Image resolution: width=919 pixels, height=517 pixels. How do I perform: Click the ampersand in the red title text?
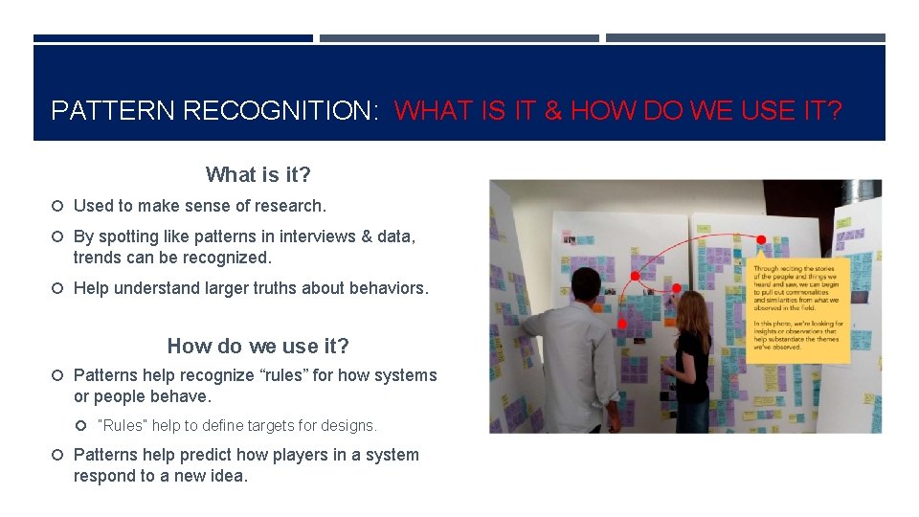[552, 111]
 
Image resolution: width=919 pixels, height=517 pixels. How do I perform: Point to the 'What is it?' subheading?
[258, 174]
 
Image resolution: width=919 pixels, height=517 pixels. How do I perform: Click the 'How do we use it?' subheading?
[258, 346]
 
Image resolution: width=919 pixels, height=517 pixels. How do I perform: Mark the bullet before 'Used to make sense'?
[57, 206]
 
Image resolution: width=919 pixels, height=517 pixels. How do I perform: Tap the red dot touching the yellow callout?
[761, 239]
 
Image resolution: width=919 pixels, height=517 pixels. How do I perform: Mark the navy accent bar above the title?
[173, 38]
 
